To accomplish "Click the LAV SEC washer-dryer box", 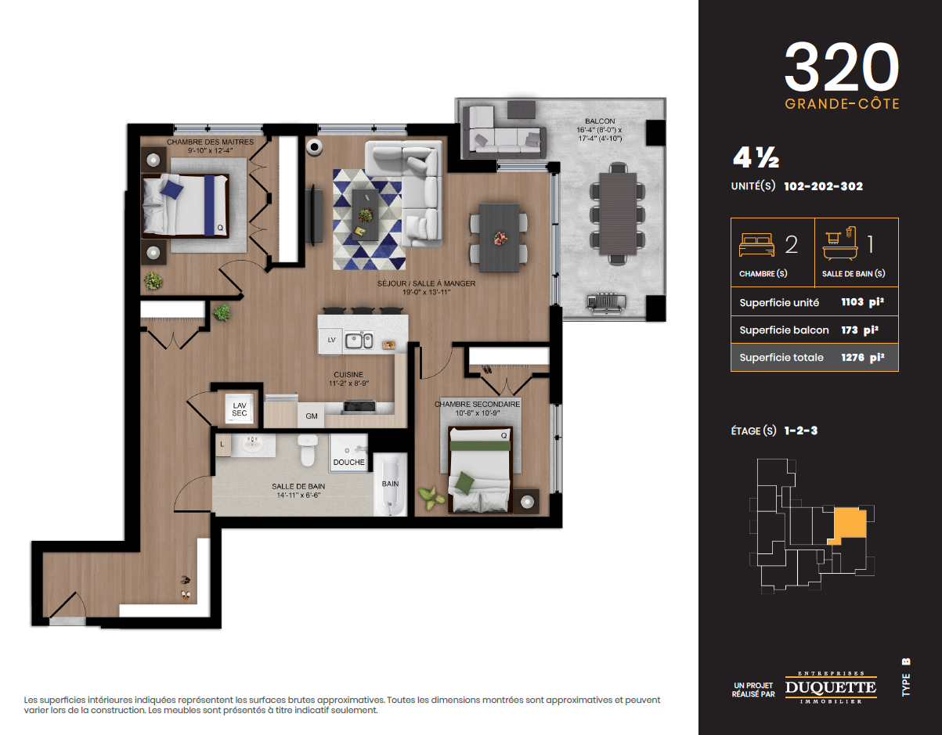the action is point(240,409).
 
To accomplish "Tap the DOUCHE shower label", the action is point(349,463).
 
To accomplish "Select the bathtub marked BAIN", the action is point(390,485).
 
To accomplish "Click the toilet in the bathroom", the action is point(308,450).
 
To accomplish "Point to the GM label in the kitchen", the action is point(311,416).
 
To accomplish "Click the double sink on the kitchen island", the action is point(359,340).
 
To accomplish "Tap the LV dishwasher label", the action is point(332,340).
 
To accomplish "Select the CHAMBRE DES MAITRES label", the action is point(211,142).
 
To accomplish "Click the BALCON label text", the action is point(600,121).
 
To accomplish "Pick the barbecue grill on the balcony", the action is point(606,302).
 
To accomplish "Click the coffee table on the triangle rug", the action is point(365,214).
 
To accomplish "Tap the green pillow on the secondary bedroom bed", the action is point(464,481).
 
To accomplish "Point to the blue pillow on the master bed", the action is point(172,189).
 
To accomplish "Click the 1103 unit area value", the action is point(852,302).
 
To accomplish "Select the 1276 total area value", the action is point(853,358).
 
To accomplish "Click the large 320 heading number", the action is point(842,67).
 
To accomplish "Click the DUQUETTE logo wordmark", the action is point(831,687).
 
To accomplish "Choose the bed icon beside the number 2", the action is point(756,245).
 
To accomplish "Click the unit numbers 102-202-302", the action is point(824,186).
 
